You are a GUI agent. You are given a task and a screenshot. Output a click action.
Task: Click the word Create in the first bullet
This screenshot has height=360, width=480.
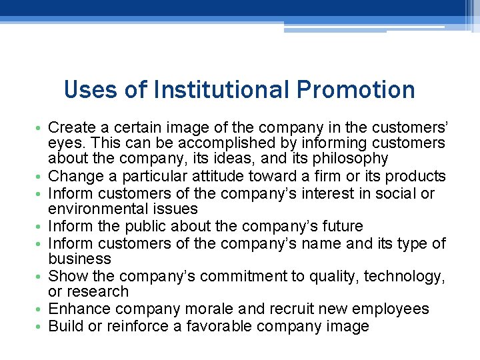pos(70,127)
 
